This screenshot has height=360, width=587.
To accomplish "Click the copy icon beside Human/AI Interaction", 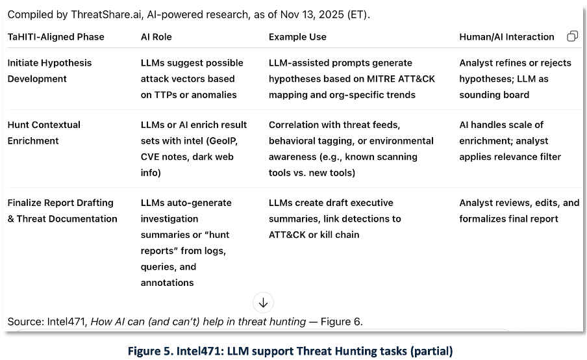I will point(572,36).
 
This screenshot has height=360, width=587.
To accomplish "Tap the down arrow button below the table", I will point(263,302).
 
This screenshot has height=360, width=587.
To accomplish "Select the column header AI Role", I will point(156,37).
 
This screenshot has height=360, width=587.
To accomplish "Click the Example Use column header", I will point(297,37).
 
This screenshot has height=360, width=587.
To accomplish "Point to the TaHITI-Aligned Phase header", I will point(56,37).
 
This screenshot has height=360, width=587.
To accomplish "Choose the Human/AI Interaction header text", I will point(506,37).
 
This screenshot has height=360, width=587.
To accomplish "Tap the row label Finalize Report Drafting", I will point(60,203).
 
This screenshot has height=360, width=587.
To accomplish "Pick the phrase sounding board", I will point(494,95).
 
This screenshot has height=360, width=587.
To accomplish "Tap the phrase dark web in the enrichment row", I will point(213,157).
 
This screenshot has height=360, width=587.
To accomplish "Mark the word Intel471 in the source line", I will point(66,322).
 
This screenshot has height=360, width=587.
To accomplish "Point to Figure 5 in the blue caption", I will point(151,352).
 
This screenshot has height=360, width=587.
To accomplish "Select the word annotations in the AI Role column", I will point(167,283).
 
